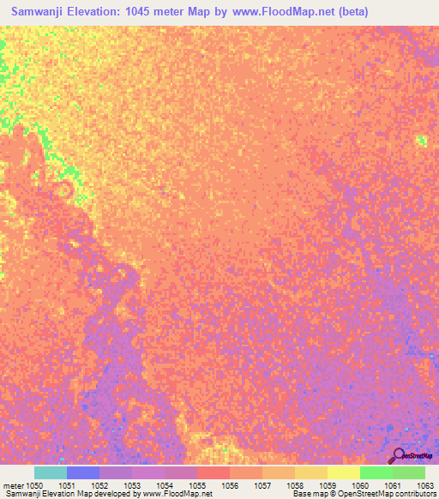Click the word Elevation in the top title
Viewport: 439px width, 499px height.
pos(104,10)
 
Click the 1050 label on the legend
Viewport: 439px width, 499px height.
pos(33,486)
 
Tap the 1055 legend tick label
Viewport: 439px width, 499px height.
pos(196,486)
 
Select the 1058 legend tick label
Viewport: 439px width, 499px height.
pos(294,486)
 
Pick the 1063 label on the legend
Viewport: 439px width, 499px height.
pos(424,486)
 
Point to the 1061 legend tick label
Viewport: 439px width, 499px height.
pos(392,486)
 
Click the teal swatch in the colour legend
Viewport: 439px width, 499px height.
pos(51,472)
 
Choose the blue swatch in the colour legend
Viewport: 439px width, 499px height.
pos(83,472)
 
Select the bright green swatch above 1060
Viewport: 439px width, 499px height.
pos(376,472)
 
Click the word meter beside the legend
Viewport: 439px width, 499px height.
pos(12,486)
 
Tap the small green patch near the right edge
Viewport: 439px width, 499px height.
pos(421,141)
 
